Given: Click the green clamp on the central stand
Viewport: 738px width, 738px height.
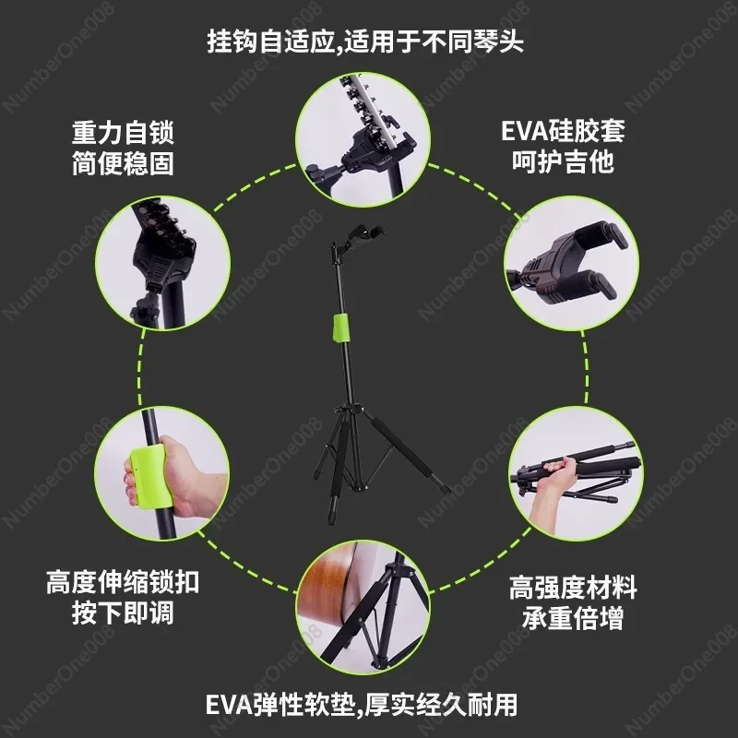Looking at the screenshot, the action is pos(341,327).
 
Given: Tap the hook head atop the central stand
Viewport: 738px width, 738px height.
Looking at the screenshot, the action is pos(357,239).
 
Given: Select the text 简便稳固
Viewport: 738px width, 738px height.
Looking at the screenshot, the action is pos(124,163).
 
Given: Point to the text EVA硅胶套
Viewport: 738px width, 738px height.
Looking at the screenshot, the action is pos(563,131).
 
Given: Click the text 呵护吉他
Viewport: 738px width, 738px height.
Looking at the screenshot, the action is pos(563,162).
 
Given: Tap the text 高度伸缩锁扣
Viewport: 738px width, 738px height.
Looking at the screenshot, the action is pos(123,582).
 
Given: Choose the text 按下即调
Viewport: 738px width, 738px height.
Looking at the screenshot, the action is pos(123,613).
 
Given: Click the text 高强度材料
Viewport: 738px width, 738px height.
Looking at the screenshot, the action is pos(573,588).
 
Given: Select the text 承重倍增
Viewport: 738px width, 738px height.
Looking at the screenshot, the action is pos(573,618).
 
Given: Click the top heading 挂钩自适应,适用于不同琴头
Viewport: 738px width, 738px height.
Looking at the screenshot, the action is pos(365,42).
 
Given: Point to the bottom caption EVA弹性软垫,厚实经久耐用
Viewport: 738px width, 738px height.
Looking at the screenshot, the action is pos(362,705).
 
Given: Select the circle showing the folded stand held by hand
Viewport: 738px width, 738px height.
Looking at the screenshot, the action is pos(576,473).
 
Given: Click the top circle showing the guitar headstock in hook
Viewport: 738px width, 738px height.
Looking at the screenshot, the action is pos(363,140).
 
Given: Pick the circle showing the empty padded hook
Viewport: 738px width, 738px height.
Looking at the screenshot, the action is pos(571,263).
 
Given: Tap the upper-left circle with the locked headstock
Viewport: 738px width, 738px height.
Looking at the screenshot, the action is pos(163,263).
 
